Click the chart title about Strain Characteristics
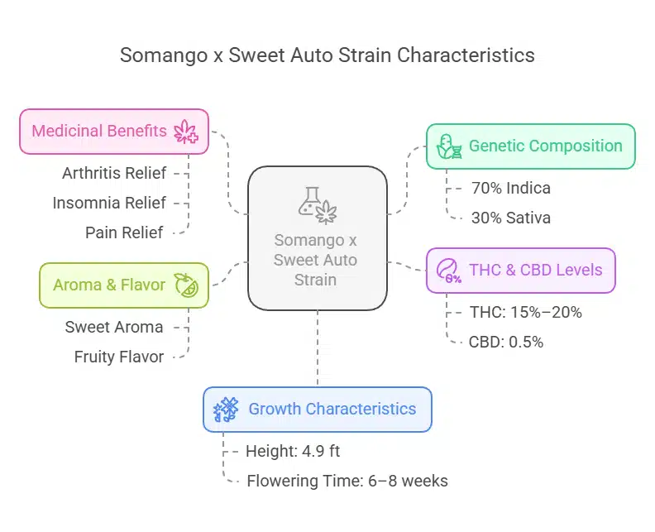pyautogui.click(x=327, y=55)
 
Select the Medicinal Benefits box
pyautogui.click(x=114, y=132)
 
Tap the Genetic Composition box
pyautogui.click(x=530, y=146)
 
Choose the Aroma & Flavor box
pyautogui.click(x=123, y=285)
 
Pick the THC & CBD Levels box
pyautogui.click(x=520, y=271)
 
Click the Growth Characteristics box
pyautogui.click(x=317, y=409)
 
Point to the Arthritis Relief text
pyautogui.click(x=114, y=173)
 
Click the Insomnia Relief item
pyautogui.click(x=109, y=203)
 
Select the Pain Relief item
pyautogui.click(x=124, y=232)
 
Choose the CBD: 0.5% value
pyautogui.click(x=505, y=342)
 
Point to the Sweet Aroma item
pyautogui.click(x=114, y=327)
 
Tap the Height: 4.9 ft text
pyautogui.click(x=293, y=451)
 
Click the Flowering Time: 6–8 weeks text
pyautogui.click(x=347, y=481)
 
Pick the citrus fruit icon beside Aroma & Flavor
pyautogui.click(x=184, y=285)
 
